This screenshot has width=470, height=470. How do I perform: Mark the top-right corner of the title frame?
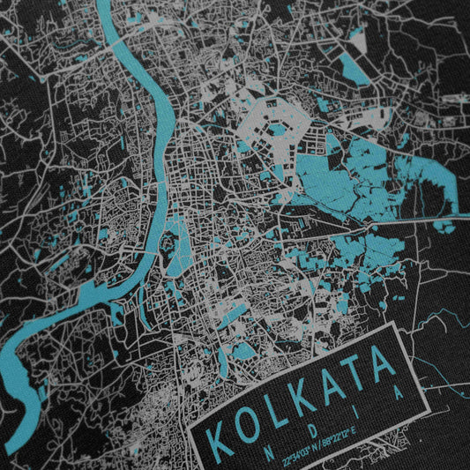(x=388, y=324)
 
